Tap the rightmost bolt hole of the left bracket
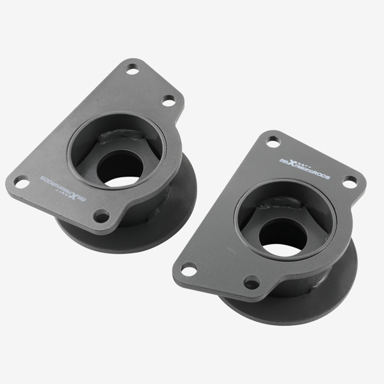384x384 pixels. tap(168, 101)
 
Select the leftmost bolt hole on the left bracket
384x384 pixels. tap(22, 182)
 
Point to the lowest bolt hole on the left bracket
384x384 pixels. tap(101, 216)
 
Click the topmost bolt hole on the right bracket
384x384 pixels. tap(273, 141)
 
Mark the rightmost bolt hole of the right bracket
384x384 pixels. tap(349, 182)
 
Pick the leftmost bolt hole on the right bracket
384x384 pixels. tap(189, 271)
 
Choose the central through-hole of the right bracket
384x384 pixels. tap(281, 240)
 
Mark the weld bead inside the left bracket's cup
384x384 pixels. tap(122, 135)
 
